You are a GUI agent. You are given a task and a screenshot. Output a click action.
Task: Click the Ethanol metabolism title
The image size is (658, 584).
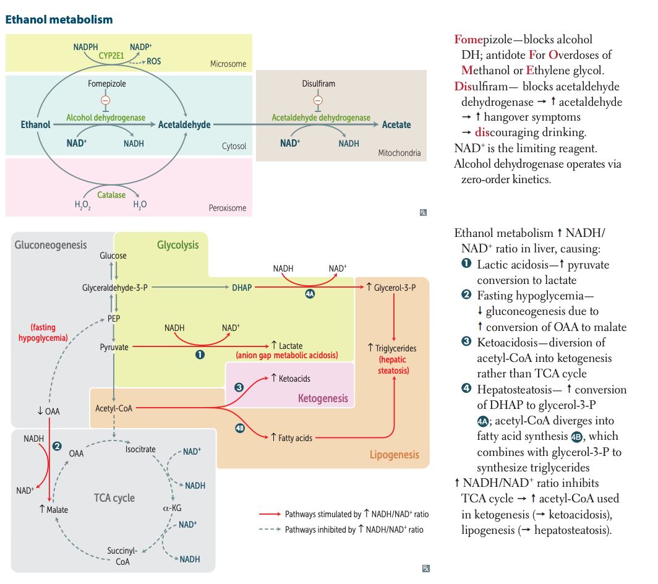59,20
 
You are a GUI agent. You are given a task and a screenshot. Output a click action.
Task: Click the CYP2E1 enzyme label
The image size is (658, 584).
113,56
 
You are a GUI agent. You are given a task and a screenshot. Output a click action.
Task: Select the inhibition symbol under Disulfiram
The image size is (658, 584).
318,100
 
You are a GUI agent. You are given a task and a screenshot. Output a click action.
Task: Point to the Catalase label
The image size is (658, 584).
111,195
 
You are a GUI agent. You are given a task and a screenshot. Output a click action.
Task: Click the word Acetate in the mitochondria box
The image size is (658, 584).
396,124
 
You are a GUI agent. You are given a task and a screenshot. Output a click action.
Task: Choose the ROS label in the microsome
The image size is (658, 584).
154,61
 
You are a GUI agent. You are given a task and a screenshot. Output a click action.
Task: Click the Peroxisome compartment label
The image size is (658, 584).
227,208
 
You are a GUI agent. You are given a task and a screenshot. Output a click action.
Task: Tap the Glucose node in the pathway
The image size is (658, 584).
113,255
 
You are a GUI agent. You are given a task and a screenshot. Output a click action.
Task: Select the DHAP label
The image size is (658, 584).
242,288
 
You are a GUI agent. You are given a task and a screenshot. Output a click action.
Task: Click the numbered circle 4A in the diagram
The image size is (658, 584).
310,294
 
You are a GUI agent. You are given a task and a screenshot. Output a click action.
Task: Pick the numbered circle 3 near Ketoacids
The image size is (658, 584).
239,387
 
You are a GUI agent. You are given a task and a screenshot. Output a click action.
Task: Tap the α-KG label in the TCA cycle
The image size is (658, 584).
171,509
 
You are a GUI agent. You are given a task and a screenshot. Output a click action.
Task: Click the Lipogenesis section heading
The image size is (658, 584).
394,455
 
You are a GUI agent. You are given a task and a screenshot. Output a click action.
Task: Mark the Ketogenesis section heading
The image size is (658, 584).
323,398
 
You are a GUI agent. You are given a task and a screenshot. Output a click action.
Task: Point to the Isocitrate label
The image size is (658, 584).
140,449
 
